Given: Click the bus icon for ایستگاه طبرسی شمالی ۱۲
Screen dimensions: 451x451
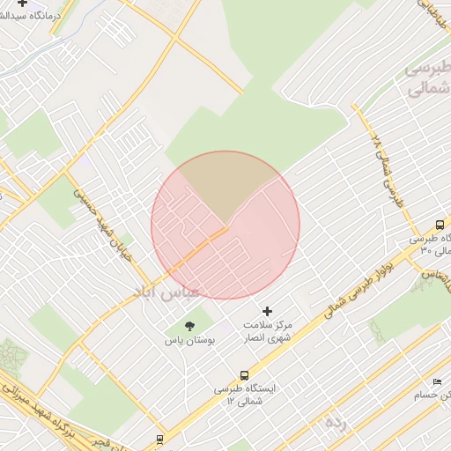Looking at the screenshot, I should coord(244,375).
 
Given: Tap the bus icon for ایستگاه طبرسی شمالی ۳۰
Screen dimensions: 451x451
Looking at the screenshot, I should coord(440,225).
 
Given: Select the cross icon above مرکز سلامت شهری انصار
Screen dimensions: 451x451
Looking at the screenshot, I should coord(268,311).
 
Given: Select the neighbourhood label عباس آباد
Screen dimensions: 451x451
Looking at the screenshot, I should coord(166,290).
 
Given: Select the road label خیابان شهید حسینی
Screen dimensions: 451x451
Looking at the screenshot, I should coord(106,215).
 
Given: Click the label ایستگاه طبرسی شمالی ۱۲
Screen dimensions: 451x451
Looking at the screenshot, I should coord(243,395).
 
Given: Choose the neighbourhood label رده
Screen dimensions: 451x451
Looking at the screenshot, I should coord(336,421).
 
